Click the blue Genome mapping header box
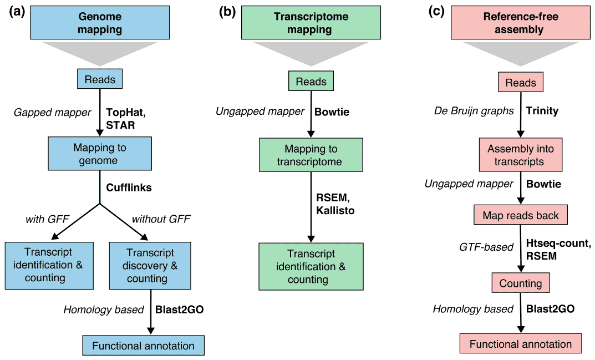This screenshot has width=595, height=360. point(100,22)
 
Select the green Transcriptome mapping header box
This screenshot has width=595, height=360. point(311,22)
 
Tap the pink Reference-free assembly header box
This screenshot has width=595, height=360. point(521,22)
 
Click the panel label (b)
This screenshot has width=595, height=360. point(227,12)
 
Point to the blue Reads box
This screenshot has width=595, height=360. point(100,79)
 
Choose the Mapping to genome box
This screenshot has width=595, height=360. point(100,154)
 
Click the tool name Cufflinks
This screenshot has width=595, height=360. point(129,187)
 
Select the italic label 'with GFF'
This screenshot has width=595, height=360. point(48,219)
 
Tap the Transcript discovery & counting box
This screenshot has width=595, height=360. point(150,266)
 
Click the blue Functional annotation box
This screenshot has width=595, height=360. point(144,346)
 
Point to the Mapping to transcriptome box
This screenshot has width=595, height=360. point(311,155)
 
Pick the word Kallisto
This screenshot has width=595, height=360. point(335,210)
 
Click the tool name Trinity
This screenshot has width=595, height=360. point(542,111)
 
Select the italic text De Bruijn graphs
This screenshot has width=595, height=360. point(474,111)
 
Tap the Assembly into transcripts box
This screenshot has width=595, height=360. point(521,155)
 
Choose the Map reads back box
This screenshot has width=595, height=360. point(521,215)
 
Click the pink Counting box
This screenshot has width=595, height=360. point(521,283)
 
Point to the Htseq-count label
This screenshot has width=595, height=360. point(558,243)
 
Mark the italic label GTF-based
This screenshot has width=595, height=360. point(486,247)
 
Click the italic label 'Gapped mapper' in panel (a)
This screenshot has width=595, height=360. point(52,113)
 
